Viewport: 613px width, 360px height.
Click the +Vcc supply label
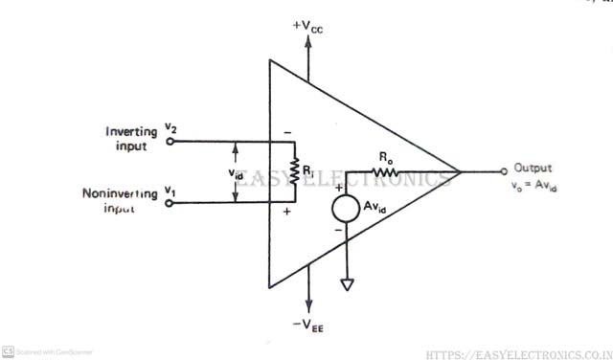click(308, 26)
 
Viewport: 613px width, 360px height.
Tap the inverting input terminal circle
click(170, 142)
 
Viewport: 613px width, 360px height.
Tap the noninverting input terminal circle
click(170, 203)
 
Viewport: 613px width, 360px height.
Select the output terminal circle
click(504, 172)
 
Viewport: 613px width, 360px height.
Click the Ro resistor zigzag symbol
click(383, 172)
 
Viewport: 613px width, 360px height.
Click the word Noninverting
click(119, 193)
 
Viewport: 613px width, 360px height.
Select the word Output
click(533, 166)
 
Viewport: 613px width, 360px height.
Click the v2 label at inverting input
click(170, 127)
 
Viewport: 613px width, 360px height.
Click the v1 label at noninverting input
click(170, 191)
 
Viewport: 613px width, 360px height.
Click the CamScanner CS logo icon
click(8, 351)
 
